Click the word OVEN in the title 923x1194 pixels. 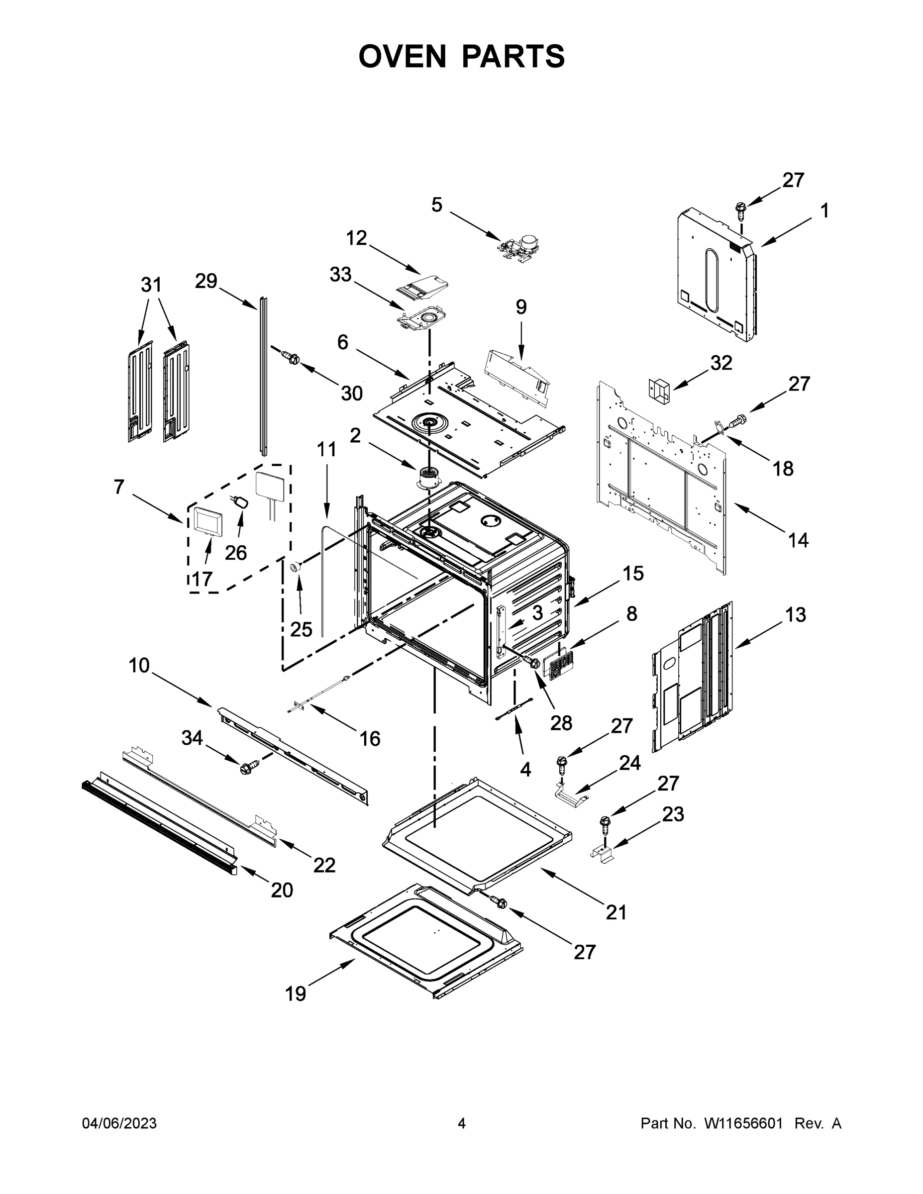coord(403,56)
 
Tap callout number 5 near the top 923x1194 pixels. coord(436,205)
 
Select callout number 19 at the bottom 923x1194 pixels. coord(296,994)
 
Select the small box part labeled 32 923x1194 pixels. coord(658,391)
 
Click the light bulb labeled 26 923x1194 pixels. coord(241,501)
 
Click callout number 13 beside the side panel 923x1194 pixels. coord(796,614)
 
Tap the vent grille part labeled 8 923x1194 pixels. coord(560,664)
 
